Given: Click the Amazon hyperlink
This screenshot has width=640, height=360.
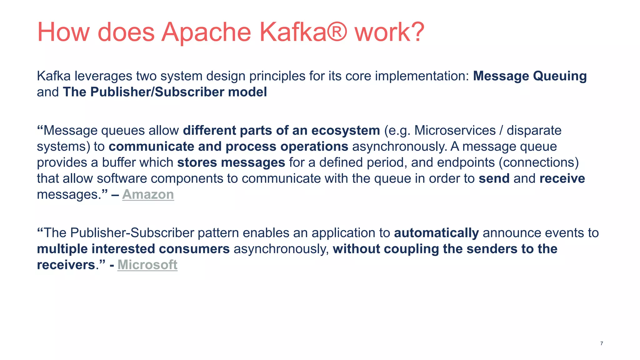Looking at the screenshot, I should coord(148,194).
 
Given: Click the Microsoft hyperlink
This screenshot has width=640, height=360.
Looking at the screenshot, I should coord(147,265).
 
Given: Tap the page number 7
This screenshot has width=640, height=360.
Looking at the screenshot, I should coord(602,343).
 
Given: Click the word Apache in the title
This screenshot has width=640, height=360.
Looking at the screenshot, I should coord(206,32).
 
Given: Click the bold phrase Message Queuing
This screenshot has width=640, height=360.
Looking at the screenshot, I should coord(530,76).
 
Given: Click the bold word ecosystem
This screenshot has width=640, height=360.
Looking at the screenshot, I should coord(346,130).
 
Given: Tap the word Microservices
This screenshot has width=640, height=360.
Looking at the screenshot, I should coord(455,130).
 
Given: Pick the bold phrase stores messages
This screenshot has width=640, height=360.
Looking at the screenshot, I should coord(231,162).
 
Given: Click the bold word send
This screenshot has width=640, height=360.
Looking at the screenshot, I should coord(494,178).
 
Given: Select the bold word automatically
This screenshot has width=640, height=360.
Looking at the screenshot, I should coord(436,233).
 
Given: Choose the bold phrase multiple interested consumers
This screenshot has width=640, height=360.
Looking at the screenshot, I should coord(133,249).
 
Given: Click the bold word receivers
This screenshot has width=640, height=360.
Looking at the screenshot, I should coord(66,265).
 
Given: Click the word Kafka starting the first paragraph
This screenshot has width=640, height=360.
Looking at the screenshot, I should coord(53,76).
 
